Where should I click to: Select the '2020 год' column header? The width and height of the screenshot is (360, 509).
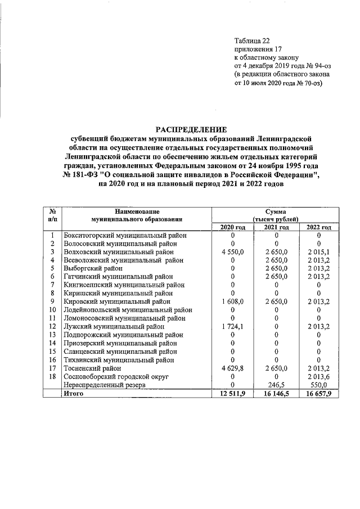(x=232, y=227)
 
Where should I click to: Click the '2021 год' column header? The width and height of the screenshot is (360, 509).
(x=276, y=227)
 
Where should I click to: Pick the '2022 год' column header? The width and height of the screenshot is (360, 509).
(x=318, y=227)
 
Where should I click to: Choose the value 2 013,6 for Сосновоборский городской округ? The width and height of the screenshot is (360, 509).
(x=318, y=376)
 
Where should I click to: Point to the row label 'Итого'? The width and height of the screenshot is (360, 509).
(x=74, y=394)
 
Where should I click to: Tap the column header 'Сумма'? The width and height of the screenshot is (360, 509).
(x=275, y=210)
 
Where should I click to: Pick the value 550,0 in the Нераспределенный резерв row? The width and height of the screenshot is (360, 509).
(x=318, y=385)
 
